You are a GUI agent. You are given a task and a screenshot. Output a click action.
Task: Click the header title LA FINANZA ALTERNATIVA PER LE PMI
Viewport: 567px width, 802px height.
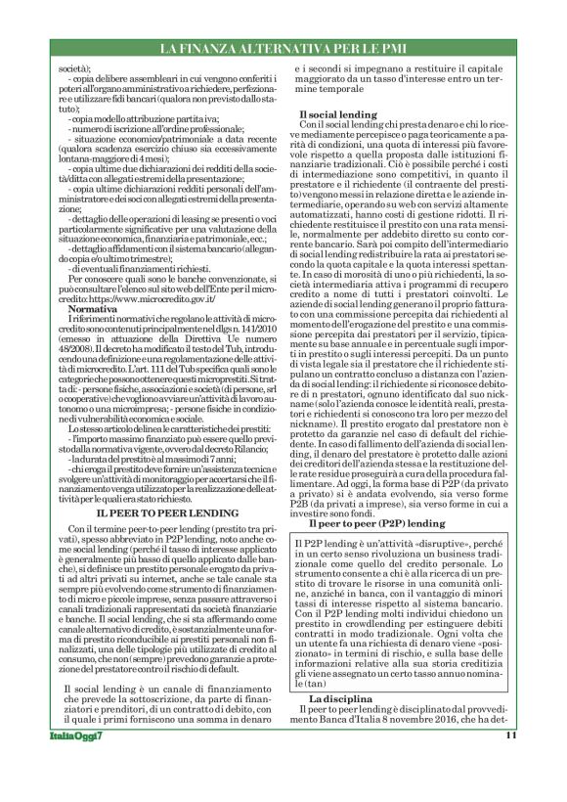pos(283,48)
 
